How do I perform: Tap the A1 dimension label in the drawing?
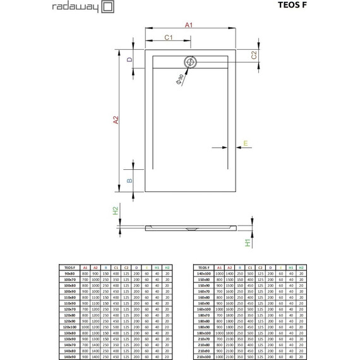tap(188, 24)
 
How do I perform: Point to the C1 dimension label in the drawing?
tap(169, 39)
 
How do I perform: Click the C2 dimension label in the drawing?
tap(254, 56)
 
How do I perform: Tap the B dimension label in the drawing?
tap(129, 180)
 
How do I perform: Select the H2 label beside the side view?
tap(116, 211)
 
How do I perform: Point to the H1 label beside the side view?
tap(248, 241)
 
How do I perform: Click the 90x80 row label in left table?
tap(70, 273)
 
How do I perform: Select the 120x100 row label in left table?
tap(70, 327)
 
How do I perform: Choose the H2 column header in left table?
tap(167, 267)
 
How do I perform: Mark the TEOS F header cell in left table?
tap(70, 267)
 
